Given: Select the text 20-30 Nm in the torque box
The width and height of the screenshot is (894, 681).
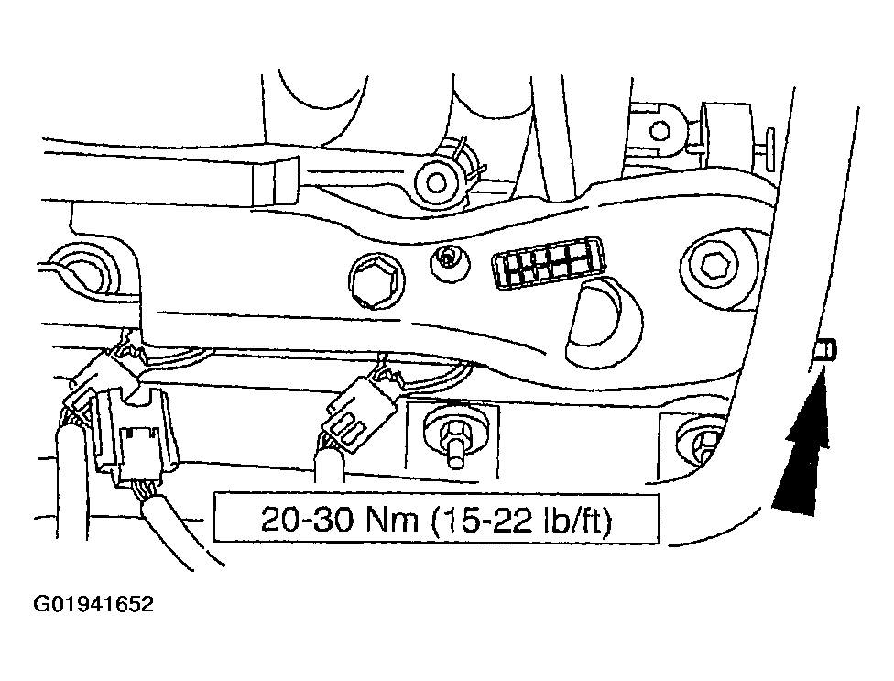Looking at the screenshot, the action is point(339,519).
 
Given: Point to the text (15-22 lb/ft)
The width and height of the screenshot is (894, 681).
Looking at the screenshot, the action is point(520,519).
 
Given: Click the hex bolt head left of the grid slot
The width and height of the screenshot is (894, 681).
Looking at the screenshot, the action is point(376,281).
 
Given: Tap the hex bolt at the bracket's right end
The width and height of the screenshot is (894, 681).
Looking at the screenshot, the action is point(713,265).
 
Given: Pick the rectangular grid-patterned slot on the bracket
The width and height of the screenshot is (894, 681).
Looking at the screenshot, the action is point(548,263).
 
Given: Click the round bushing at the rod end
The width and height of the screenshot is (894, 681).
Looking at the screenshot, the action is point(436,182).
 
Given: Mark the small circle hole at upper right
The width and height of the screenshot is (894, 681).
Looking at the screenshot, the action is point(660,132).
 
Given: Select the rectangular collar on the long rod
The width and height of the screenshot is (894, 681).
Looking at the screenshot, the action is point(275,181).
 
